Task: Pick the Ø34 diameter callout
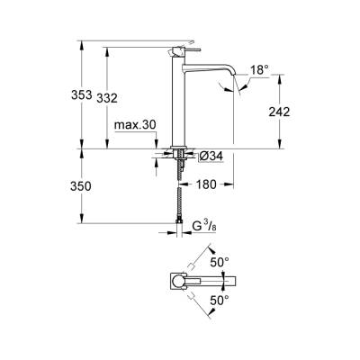pyautogui.click(x=210, y=156)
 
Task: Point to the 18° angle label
pyautogui.click(x=258, y=69)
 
